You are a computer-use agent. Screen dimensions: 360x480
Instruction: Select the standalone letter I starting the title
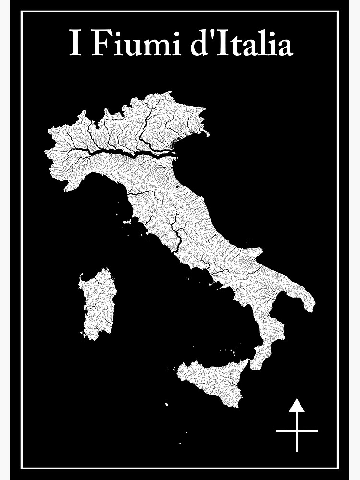coord(74,44)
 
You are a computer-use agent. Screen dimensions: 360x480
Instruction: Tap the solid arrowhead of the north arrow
coord(297,406)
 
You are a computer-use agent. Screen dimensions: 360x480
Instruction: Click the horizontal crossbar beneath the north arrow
coord(297,431)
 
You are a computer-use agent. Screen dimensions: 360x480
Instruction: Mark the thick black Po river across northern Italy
coord(115,153)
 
